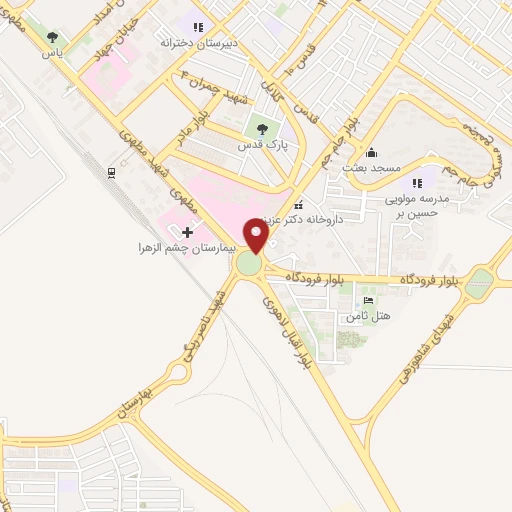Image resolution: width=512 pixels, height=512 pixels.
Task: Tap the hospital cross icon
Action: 187,231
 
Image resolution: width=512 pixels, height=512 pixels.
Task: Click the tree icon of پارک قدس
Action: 263,128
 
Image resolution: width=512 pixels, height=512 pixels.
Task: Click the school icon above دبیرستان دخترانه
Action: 198,27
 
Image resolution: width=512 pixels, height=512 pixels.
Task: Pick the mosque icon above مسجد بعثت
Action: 372,152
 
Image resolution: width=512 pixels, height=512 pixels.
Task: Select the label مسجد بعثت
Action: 371,167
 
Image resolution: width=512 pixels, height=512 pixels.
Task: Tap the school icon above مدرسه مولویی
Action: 417,183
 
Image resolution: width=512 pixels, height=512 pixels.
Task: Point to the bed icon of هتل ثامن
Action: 368,300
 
